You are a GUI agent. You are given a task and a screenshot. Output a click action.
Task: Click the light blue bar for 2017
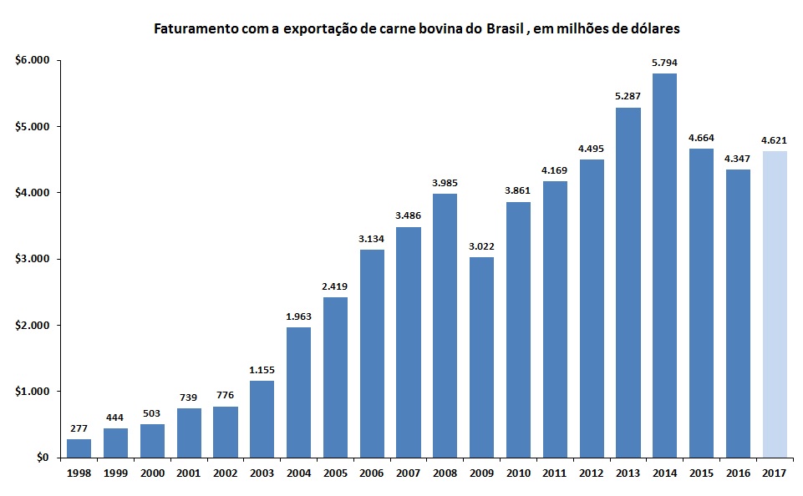point(775,304)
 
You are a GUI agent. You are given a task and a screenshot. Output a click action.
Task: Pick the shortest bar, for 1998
point(79,448)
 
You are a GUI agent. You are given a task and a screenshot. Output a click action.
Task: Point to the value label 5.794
point(665,62)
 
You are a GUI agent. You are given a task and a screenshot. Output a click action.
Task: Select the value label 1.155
point(262,369)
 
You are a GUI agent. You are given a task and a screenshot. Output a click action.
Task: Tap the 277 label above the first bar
point(79,428)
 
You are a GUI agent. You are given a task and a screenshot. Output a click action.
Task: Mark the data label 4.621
point(775,139)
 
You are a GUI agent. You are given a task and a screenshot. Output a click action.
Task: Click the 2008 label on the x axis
point(445,473)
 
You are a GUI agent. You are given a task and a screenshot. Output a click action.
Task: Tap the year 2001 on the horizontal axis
point(189,473)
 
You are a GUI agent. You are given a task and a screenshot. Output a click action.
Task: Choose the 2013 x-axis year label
point(628,473)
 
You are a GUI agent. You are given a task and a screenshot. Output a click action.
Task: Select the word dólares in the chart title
point(654,29)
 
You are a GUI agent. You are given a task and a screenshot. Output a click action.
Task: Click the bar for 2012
point(592,308)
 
